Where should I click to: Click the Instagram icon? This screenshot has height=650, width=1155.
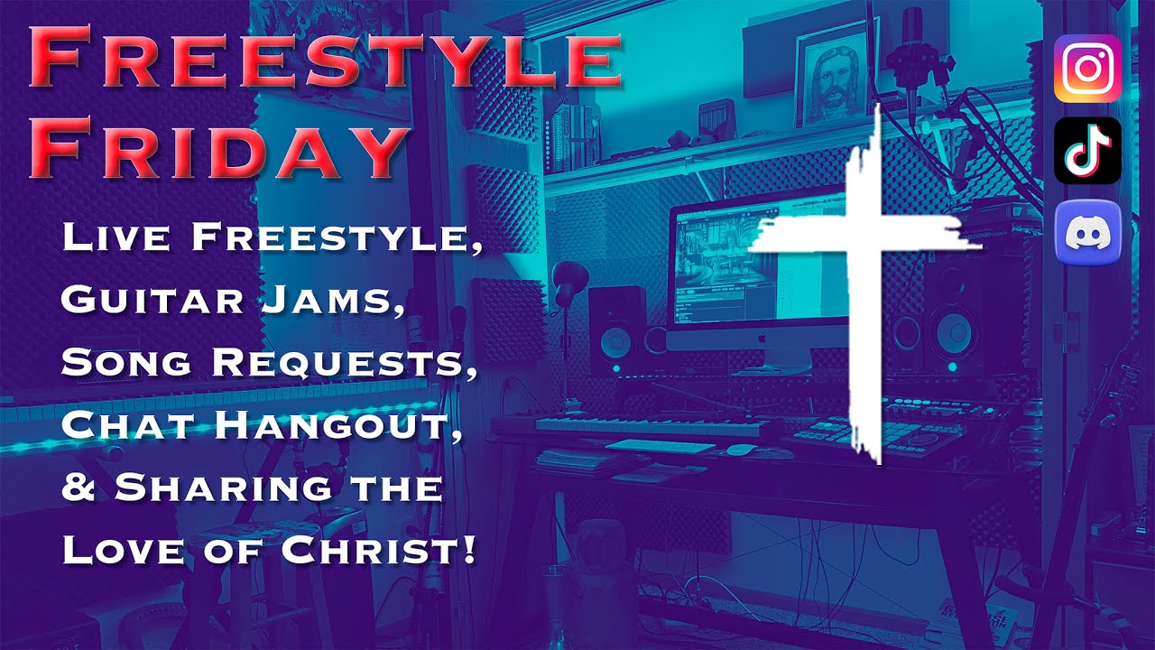(x=1087, y=68)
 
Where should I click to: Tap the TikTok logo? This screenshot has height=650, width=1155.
(x=1087, y=150)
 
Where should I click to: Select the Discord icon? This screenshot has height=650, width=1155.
(x=1087, y=233)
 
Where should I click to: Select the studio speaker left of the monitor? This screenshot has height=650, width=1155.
(x=617, y=334)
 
